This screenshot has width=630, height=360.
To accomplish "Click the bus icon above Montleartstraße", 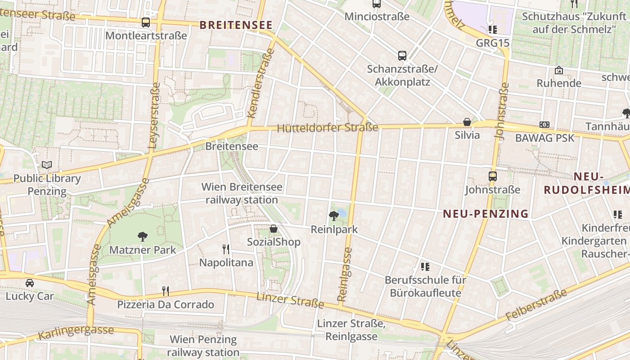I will pos(145,22).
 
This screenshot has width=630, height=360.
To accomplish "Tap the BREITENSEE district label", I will pos(236,25).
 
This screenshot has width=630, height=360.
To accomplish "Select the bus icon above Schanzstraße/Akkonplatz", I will pos(402,56).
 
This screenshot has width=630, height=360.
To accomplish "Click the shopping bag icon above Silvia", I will pos(467,122).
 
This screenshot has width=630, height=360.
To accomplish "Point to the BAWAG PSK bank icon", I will pos(544,125).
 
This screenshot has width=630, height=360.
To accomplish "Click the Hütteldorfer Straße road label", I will pos(328,128).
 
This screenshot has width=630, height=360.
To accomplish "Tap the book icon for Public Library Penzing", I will pos(47,165).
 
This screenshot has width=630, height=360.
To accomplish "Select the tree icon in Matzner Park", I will pos(143,236).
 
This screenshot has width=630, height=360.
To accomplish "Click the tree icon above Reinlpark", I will pos(334,216).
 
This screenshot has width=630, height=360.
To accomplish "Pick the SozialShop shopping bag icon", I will pos(273,229).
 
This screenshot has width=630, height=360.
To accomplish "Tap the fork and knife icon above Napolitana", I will pos(226,249).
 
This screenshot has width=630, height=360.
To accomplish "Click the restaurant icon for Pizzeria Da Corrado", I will pos(166,291).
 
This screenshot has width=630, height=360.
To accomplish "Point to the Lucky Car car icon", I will pos(30,283).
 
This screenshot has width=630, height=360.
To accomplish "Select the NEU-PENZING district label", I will pos(486,214).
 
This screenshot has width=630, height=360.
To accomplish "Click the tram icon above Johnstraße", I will pos(493,176).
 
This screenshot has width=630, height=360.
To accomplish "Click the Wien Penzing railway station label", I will pos(204,346).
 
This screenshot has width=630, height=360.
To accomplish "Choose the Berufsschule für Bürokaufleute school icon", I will pos(425,267).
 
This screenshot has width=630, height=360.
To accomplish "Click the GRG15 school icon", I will pos(493,30).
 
